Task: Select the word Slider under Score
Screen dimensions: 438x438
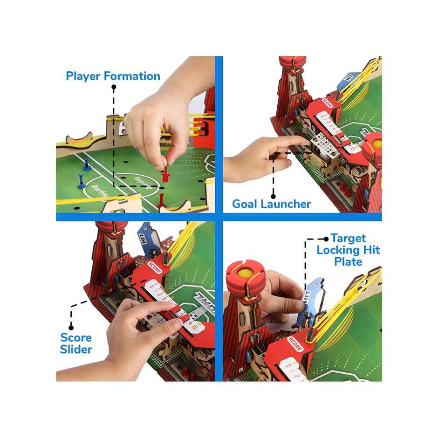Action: pyautogui.click(x=76, y=349)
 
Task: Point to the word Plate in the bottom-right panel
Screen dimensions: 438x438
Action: pyautogui.click(x=348, y=262)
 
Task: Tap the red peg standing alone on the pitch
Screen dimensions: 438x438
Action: pyautogui.click(x=161, y=200)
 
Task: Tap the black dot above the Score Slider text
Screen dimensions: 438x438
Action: pyautogui.click(x=71, y=327)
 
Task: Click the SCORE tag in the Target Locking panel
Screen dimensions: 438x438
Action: pyautogui.click(x=296, y=344)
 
